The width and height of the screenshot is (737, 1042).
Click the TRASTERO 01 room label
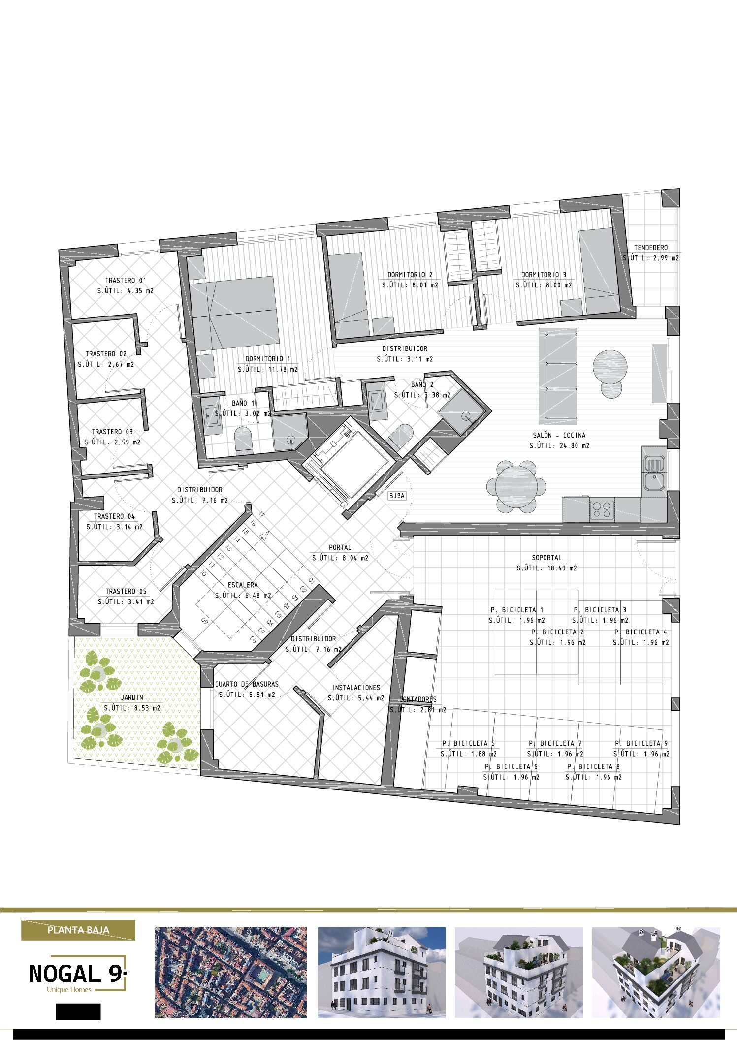click(x=126, y=281)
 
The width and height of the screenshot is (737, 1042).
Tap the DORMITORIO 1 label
click(x=268, y=359)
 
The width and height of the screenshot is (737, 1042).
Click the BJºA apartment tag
click(x=396, y=496)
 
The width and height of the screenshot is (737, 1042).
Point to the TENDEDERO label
click(x=651, y=248)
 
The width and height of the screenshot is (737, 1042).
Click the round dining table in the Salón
click(x=516, y=486)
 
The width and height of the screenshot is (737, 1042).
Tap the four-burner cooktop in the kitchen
click(x=602, y=509)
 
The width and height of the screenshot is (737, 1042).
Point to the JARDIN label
click(x=132, y=697)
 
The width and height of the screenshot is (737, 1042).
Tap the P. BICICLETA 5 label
click(x=468, y=743)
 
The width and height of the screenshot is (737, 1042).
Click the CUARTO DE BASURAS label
click(x=247, y=684)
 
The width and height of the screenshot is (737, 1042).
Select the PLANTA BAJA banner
click(x=78, y=930)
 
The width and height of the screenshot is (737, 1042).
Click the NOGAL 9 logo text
click(x=75, y=974)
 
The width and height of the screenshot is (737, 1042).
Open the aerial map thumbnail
click(x=230, y=972)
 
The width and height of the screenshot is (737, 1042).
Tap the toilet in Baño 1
click(x=244, y=440)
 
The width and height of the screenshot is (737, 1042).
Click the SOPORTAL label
click(x=546, y=558)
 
